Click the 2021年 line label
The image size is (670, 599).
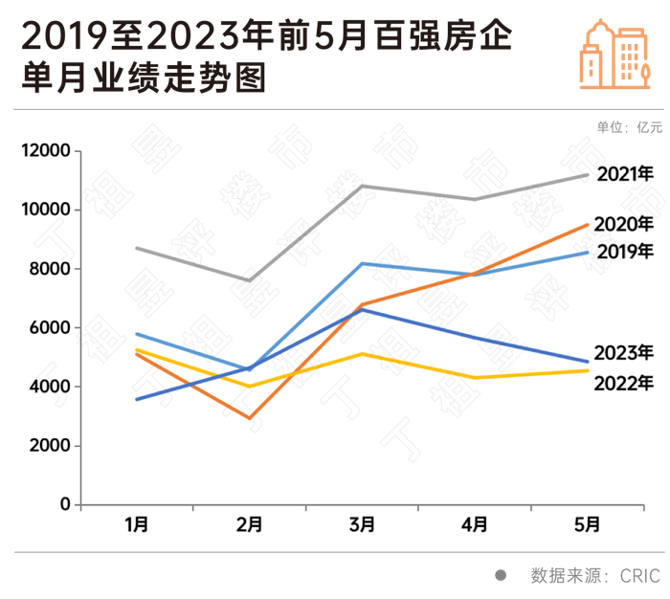625,174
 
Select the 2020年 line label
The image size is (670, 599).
623,224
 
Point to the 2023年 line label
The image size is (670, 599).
623,352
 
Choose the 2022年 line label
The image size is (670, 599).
624,383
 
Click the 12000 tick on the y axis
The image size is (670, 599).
47,151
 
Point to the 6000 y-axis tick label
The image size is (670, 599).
52,328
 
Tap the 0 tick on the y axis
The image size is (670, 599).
65,504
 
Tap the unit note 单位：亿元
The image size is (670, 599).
629,127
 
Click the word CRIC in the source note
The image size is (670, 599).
640,575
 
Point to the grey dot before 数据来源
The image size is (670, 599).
500,575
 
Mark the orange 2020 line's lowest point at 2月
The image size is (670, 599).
250,418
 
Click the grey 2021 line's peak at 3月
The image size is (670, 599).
362,186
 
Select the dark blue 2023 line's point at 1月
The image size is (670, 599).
137,399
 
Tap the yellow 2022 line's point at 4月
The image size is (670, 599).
475,378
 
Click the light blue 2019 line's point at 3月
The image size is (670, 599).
362,263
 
